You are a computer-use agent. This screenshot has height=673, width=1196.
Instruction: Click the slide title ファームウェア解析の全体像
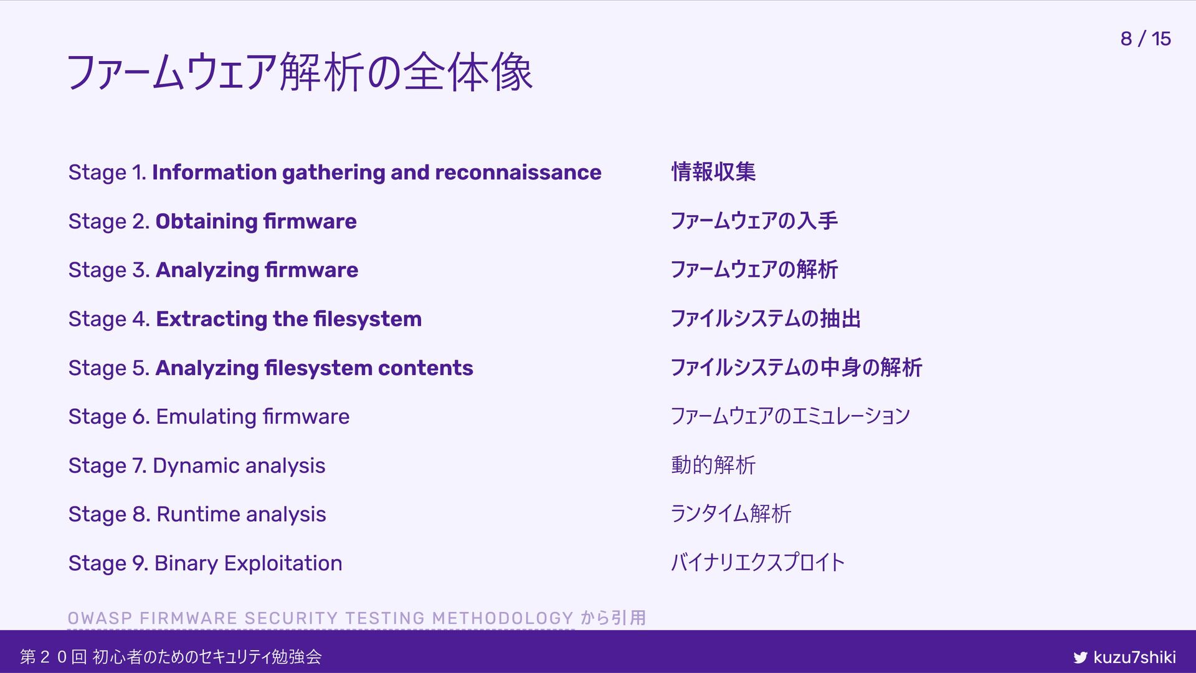point(300,72)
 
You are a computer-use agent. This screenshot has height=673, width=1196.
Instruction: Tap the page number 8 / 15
point(1145,39)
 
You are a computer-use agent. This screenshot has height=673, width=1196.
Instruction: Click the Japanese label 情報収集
point(713,172)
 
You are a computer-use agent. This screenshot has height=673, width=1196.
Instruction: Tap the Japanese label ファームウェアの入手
point(754,221)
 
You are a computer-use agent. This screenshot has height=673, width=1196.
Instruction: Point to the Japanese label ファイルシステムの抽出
point(766,318)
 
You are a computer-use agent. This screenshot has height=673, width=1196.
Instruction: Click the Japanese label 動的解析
point(713,465)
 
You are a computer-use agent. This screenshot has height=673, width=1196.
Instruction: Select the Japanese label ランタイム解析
point(731,513)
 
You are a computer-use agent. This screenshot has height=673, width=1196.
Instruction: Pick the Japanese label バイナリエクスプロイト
point(757,562)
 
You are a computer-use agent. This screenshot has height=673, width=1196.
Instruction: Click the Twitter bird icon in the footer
point(1080,657)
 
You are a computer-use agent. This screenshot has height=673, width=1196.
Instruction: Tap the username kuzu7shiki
point(1134,657)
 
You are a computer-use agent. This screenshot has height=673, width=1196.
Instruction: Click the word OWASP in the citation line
point(100,618)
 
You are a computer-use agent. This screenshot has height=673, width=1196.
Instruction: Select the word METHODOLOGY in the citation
point(503,618)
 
